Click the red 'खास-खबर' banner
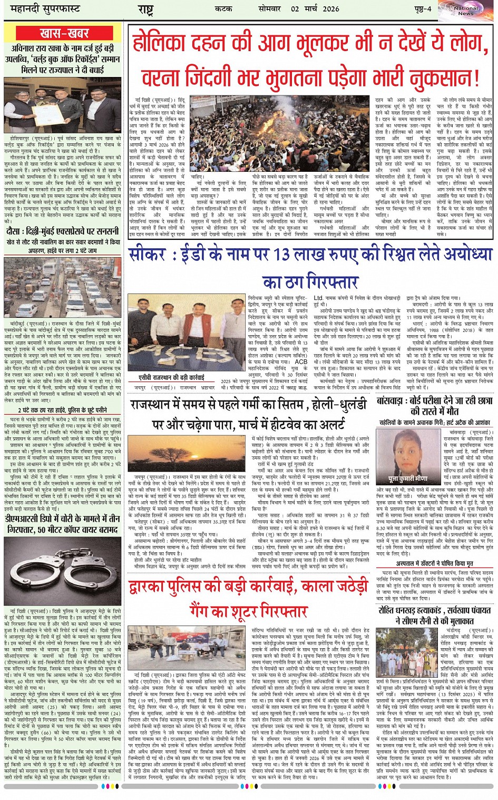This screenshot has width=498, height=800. click(x=63, y=33)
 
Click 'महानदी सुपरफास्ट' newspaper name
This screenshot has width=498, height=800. click(x=42, y=9)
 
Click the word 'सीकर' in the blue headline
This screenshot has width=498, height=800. click(x=148, y=255)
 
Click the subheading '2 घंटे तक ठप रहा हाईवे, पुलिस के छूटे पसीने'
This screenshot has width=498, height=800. click(x=63, y=410)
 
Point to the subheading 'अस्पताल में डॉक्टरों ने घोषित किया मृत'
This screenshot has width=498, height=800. click(x=435, y=564)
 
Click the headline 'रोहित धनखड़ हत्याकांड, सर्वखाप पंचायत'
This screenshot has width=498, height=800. click(x=435, y=610)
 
